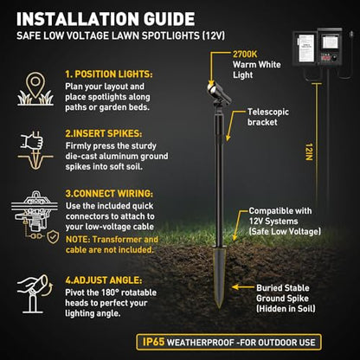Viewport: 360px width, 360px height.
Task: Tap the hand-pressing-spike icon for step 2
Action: click(35, 150)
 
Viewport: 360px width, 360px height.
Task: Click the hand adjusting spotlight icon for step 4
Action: click(35, 293)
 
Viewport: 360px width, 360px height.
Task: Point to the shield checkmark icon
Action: click(53, 237)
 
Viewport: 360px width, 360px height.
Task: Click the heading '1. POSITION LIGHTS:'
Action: click(109, 74)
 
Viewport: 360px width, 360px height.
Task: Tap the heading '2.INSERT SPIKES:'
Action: click(104, 133)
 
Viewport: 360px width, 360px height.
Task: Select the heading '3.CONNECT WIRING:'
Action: click(109, 193)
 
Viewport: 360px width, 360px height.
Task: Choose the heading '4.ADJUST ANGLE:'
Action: click(104, 280)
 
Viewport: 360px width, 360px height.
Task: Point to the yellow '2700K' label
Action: click(245, 54)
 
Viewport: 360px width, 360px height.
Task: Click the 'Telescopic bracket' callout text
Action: click(268, 117)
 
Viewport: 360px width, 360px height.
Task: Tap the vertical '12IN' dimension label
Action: click(309, 151)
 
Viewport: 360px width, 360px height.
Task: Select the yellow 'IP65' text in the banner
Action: click(153, 342)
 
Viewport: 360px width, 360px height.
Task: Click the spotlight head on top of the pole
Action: click(219, 93)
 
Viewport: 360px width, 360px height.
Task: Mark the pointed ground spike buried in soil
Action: click(219, 277)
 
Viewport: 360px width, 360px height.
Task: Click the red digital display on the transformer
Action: click(326, 57)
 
